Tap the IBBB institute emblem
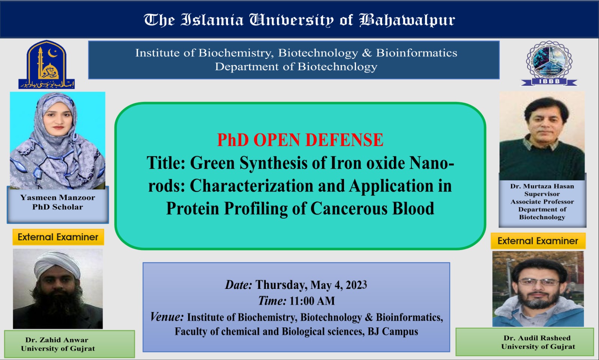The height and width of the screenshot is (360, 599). (549, 63)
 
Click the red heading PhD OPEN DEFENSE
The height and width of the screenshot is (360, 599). (300, 140)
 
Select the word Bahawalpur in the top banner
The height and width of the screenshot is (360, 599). (407, 20)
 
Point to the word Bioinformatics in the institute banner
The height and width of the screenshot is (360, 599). (416, 53)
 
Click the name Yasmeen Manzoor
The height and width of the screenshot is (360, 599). (58, 198)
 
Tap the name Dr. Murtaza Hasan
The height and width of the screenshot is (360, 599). (542, 186)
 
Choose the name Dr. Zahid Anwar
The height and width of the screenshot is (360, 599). (57, 340)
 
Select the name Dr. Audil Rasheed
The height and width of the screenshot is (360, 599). (537, 338)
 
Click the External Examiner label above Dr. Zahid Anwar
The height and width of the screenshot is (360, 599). (58, 237)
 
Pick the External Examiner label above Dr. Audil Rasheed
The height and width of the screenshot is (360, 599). (538, 241)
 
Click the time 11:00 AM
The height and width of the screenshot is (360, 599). (312, 301)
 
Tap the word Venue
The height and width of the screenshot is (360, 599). (167, 317)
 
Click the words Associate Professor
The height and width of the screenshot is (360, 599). (542, 202)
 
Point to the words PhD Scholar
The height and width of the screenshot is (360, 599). (58, 207)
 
